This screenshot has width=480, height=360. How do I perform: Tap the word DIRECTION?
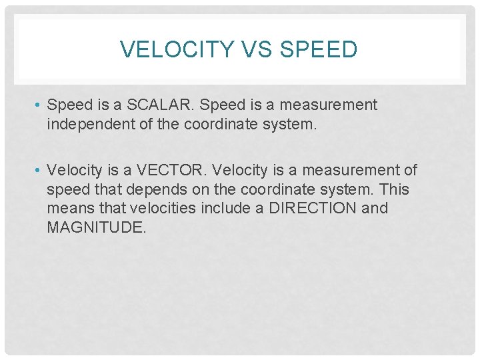(312, 208)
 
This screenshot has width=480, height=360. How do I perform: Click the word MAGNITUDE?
(96, 227)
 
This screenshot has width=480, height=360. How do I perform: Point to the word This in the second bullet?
(394, 190)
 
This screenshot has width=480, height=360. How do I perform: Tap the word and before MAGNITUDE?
(375, 208)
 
